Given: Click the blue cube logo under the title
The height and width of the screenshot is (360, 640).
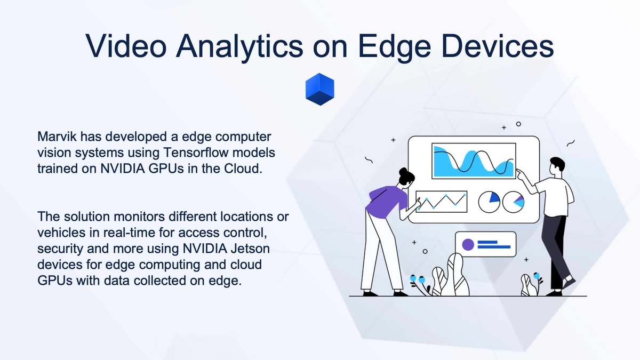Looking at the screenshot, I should [319, 89].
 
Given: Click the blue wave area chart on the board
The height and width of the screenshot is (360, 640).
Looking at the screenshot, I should [473, 162].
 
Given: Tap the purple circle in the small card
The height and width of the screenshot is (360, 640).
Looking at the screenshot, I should [468, 245].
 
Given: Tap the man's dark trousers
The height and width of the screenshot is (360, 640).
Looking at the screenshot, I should [555, 245].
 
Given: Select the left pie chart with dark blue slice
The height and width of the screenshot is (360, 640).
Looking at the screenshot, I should [489, 201].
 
